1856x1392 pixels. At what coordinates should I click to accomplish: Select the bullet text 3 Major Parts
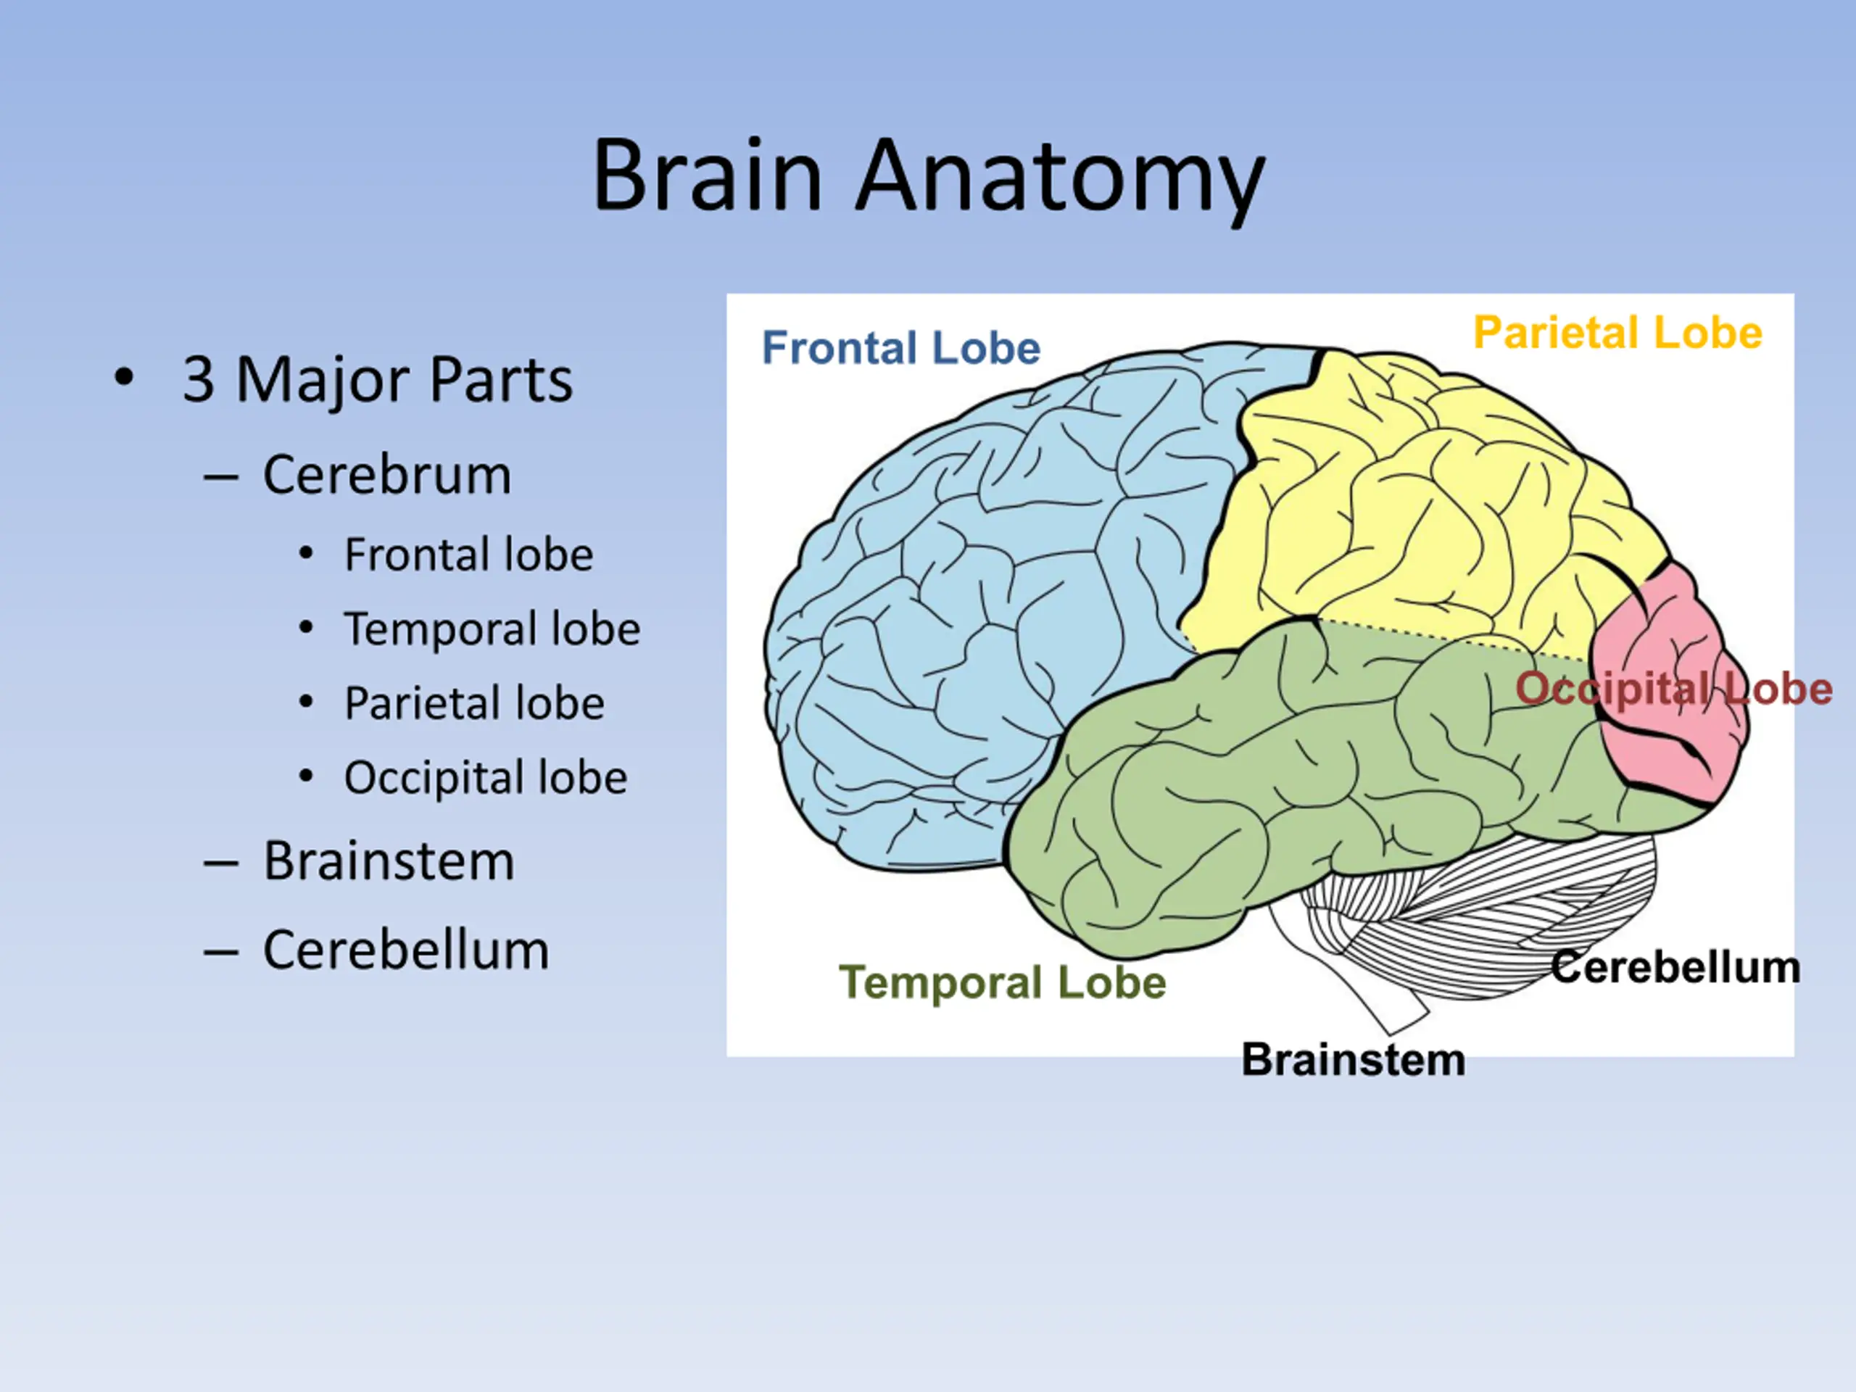click(x=378, y=380)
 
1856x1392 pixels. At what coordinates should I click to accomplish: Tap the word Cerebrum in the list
click(x=387, y=475)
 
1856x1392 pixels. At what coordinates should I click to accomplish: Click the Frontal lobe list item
click(x=469, y=555)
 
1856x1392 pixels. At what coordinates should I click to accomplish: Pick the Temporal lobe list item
click(x=492, y=629)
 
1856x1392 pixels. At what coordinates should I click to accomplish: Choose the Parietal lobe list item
click(x=474, y=703)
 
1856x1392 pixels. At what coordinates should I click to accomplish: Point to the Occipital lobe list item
click(x=486, y=778)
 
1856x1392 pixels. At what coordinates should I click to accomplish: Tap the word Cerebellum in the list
click(x=406, y=950)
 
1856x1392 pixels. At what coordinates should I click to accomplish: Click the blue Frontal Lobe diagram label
click(x=901, y=347)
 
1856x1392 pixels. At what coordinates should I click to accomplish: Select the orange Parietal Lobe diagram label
click(x=1617, y=332)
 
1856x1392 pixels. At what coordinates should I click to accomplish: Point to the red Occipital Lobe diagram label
click(x=1674, y=689)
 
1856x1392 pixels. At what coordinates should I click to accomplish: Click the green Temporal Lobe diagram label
click(x=1003, y=982)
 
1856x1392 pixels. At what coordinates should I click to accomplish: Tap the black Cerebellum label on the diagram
click(x=1675, y=967)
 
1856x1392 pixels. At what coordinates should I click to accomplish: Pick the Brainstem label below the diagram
click(x=1354, y=1060)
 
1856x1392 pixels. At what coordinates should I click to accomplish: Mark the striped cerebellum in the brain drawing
click(x=1502, y=923)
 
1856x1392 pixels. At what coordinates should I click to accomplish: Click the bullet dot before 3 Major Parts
click(x=123, y=378)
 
